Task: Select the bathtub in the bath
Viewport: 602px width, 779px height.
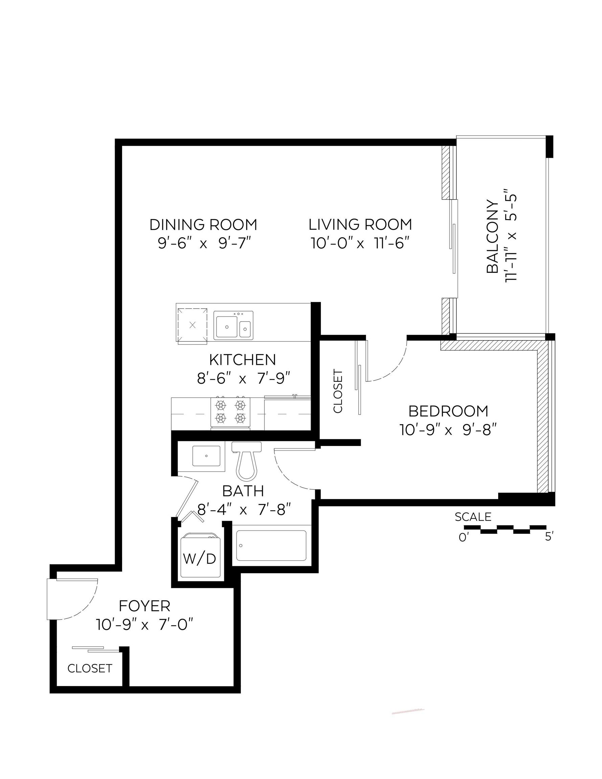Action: click(x=271, y=546)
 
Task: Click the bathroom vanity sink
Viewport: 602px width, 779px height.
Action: click(x=206, y=456)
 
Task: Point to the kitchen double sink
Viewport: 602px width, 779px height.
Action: click(x=233, y=325)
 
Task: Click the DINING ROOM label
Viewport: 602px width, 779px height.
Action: click(x=203, y=225)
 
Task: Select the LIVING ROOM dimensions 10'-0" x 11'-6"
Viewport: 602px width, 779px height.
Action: click(x=360, y=244)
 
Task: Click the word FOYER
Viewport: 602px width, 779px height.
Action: click(x=144, y=606)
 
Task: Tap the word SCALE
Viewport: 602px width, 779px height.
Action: click(x=473, y=517)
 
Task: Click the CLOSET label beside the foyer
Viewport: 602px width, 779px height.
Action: click(x=90, y=668)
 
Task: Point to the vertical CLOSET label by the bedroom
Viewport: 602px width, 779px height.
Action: click(x=338, y=391)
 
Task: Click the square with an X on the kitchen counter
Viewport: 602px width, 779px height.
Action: click(x=192, y=325)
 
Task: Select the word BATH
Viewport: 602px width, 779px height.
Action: click(x=243, y=491)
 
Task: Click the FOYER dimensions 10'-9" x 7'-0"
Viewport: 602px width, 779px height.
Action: click(x=144, y=625)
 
